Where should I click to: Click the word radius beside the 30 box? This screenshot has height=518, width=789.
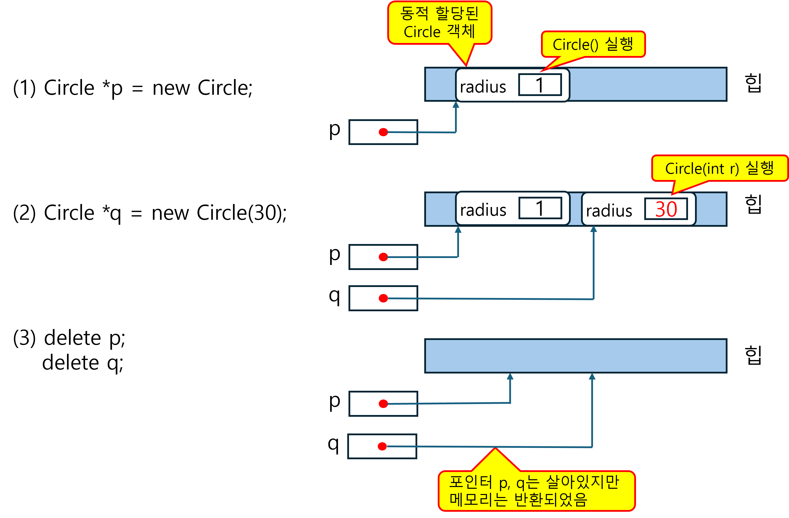(x=609, y=211)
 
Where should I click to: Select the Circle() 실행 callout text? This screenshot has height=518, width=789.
(x=593, y=44)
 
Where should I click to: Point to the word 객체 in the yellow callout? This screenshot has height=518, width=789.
(x=461, y=32)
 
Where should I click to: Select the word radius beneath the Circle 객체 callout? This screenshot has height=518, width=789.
(x=483, y=87)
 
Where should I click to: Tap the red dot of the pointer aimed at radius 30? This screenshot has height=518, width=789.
(x=383, y=298)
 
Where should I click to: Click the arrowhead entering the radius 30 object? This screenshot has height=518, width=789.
(x=594, y=229)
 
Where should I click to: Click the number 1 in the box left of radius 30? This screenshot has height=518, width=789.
(x=540, y=209)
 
